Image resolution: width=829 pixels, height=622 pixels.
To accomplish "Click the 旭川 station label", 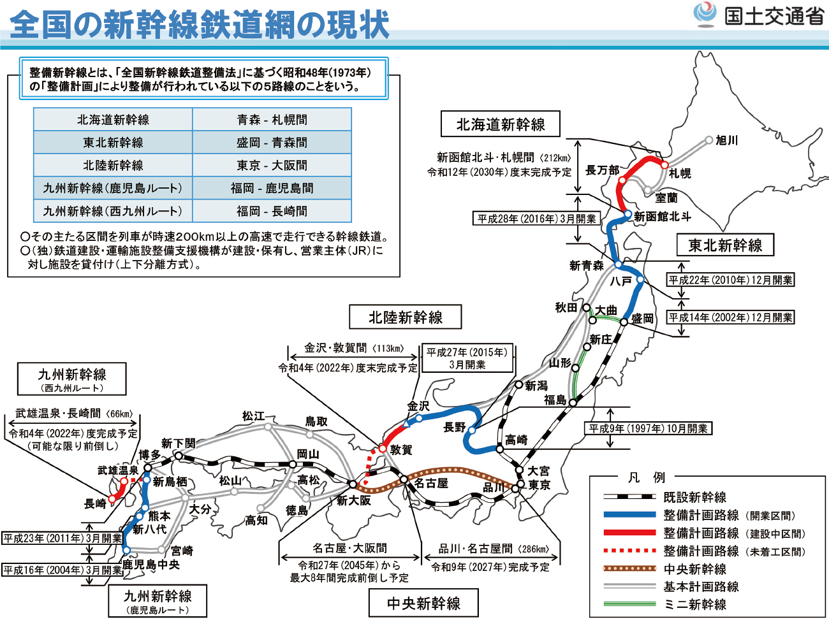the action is click(726, 140).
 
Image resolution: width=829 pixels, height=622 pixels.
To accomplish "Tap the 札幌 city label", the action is click(680, 173).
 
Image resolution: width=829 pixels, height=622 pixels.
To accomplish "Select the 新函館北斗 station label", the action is click(663, 217).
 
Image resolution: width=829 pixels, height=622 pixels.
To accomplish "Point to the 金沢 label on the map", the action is click(418, 406).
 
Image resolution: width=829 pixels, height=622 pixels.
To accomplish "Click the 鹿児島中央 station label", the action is click(151, 565).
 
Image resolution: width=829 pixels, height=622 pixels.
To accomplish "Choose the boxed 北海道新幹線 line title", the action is click(501, 124).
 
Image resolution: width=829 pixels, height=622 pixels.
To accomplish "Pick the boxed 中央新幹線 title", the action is click(423, 603).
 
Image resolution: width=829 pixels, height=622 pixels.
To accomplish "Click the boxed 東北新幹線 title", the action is click(725, 245).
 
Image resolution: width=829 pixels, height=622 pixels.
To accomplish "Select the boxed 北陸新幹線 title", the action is click(406, 317).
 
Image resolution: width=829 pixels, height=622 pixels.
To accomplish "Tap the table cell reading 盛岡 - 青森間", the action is click(272, 143).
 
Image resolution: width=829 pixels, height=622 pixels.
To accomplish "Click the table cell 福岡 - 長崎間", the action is click(272, 211).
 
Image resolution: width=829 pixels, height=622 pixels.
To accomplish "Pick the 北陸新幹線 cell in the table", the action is click(113, 166).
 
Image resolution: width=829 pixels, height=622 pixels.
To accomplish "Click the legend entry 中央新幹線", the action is click(694, 569).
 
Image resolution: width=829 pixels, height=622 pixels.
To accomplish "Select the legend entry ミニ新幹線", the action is click(694, 604).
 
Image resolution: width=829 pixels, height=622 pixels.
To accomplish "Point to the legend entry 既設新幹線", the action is click(694, 497).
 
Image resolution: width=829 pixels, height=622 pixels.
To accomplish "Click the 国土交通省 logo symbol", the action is click(705, 15).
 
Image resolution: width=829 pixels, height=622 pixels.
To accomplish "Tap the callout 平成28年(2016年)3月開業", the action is click(536, 219).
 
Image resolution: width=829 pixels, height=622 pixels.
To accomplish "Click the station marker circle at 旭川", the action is click(709, 140).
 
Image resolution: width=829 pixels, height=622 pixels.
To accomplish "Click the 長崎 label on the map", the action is click(95, 504).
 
